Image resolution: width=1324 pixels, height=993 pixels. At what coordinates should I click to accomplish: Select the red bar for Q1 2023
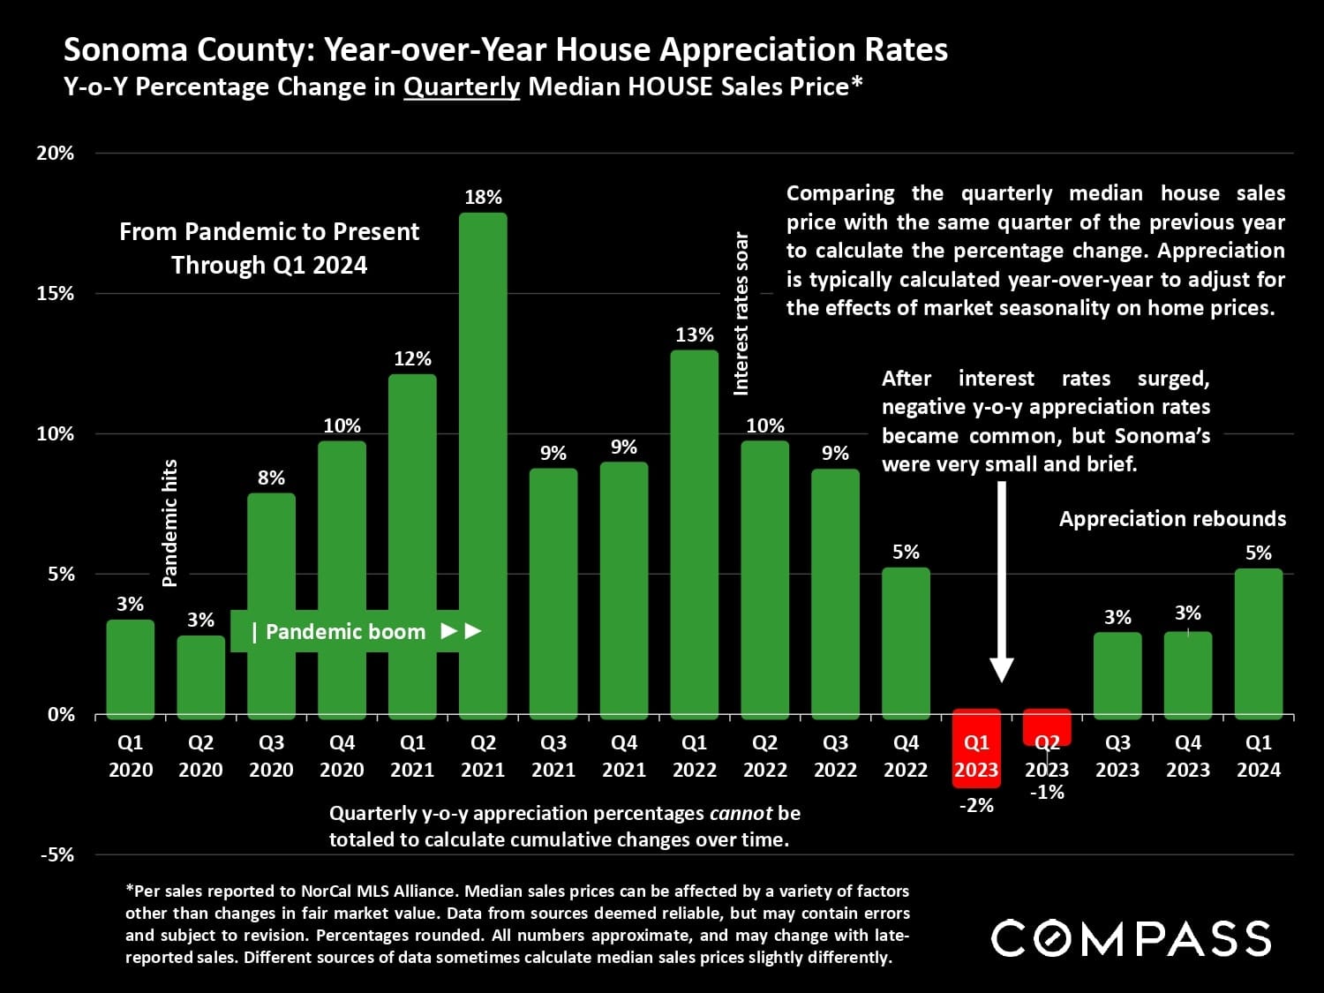976,747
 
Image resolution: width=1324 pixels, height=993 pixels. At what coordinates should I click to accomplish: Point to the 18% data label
483,198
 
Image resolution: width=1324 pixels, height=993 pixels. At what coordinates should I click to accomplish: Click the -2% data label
976,805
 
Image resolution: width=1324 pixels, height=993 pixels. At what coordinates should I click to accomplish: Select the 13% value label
695,335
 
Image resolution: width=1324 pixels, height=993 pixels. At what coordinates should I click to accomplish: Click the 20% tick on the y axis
56,153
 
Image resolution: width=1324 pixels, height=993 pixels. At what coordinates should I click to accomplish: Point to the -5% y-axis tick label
56,854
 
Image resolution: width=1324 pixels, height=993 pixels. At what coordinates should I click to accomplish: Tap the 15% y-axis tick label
56,293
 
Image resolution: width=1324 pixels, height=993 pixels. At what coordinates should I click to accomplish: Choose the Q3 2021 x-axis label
553,756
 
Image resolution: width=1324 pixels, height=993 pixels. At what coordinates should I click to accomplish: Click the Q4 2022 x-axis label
906,756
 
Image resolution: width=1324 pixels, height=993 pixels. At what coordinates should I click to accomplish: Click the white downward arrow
1002,583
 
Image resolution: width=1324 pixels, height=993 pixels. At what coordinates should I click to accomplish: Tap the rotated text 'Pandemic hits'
169,523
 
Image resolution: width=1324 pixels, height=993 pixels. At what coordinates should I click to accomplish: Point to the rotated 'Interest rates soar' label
741,313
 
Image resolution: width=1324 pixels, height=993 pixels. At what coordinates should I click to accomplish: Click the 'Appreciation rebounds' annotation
1172,519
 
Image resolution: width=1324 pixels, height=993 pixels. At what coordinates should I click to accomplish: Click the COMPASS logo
1131,938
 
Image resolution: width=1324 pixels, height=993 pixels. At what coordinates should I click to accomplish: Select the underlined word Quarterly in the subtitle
462,87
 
